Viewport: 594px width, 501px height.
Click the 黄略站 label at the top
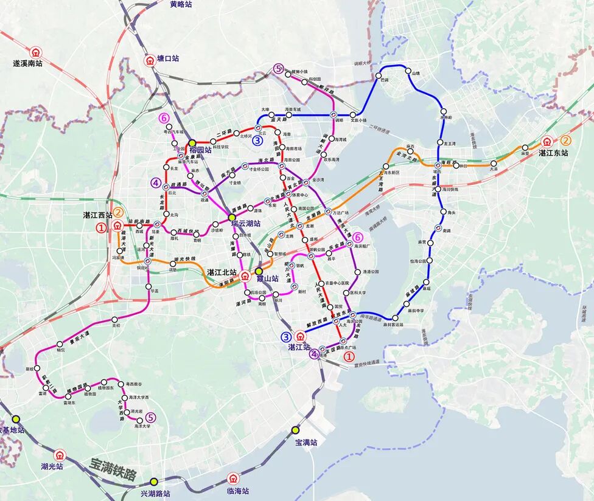tap(181, 4)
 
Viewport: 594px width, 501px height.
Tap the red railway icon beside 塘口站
tap(149, 60)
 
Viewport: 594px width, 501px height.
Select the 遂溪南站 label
tap(28, 63)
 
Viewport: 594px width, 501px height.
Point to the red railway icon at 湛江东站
tap(548, 142)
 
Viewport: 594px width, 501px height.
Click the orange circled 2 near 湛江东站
tap(565, 140)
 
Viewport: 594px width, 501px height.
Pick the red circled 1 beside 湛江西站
tap(101, 228)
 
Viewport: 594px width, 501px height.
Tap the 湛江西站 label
tap(98, 215)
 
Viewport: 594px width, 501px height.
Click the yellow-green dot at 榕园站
tap(192, 142)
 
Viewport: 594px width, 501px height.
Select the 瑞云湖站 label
tap(246, 224)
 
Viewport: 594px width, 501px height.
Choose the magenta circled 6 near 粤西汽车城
tap(163, 118)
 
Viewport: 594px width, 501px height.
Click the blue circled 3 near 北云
tap(258, 140)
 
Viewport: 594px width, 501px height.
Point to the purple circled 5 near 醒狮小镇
tap(279, 69)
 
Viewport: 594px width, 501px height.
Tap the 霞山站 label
tap(267, 279)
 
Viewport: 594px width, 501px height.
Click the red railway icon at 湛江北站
tap(245, 275)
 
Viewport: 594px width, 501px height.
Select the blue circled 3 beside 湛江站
tap(286, 336)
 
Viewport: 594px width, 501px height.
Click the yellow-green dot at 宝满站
tap(295, 430)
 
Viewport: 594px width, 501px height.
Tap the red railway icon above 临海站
tap(232, 479)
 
